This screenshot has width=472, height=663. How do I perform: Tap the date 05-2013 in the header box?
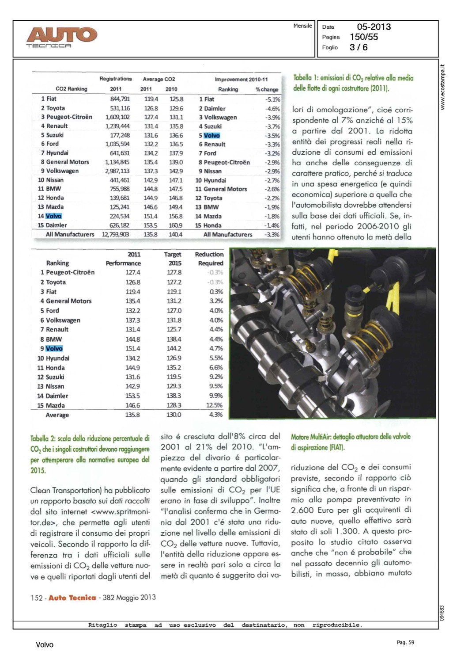pyautogui.click(x=374, y=27)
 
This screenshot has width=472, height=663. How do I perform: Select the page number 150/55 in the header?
pyautogui.click(x=364, y=37)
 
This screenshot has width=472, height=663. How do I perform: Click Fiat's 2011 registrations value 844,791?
pyautogui.click(x=120, y=99)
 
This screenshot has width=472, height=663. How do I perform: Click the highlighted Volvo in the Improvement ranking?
pyautogui.click(x=212, y=136)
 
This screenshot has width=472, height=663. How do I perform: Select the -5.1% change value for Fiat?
pyautogui.click(x=272, y=99)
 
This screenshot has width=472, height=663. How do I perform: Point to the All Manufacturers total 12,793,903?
pyautogui.click(x=115, y=234)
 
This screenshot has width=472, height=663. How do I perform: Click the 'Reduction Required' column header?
pyautogui.click(x=209, y=259)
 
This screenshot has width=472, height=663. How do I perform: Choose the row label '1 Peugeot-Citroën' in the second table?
pyautogui.click(x=68, y=272)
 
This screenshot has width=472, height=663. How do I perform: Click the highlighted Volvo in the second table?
pyautogui.click(x=54, y=349)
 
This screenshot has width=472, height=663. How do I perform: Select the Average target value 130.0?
pyautogui.click(x=174, y=415)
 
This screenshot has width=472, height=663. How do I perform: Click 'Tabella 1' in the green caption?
pyautogui.click(x=305, y=78)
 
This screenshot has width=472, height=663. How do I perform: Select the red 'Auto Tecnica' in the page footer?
pyautogui.click(x=72, y=598)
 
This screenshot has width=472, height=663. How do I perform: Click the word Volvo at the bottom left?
pyautogui.click(x=45, y=645)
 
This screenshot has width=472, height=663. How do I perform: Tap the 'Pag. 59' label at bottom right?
pyautogui.click(x=405, y=643)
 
